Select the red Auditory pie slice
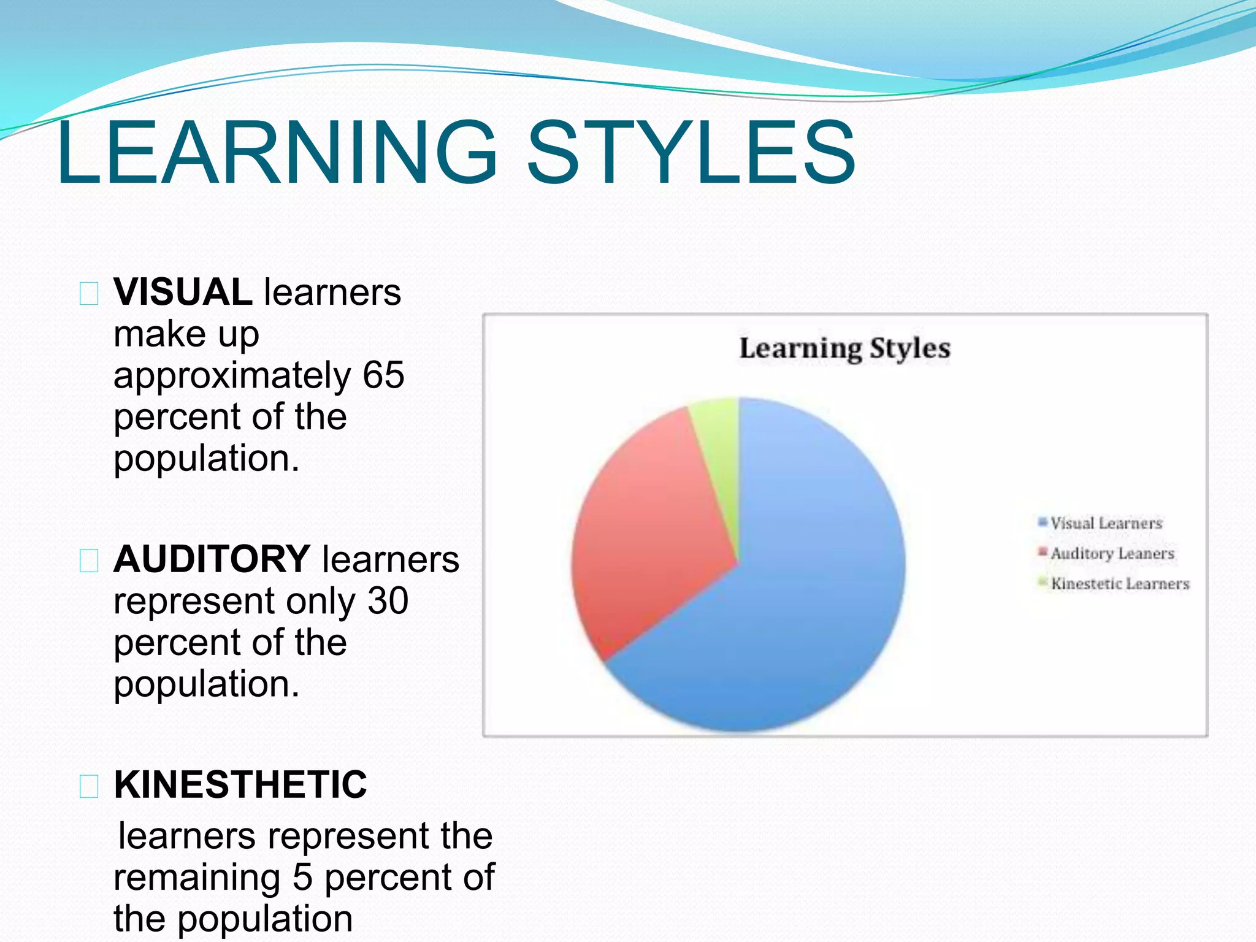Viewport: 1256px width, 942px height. coord(650,540)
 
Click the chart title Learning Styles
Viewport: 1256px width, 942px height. coord(844,348)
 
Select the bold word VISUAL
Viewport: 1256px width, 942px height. coord(183,292)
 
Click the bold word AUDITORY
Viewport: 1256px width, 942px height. coord(212,559)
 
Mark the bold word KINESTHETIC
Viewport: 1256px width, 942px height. coord(240,784)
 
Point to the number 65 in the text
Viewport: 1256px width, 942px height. coord(383,375)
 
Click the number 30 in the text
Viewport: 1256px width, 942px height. coord(388,600)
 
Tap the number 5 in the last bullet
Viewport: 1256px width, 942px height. coord(302,877)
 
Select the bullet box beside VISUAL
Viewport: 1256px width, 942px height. coord(89,294)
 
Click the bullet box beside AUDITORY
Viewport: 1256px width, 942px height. coord(89,561)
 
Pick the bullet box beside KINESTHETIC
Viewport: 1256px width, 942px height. coord(89,786)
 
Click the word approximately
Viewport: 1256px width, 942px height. coord(232,376)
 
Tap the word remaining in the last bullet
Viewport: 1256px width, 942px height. coord(197,877)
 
